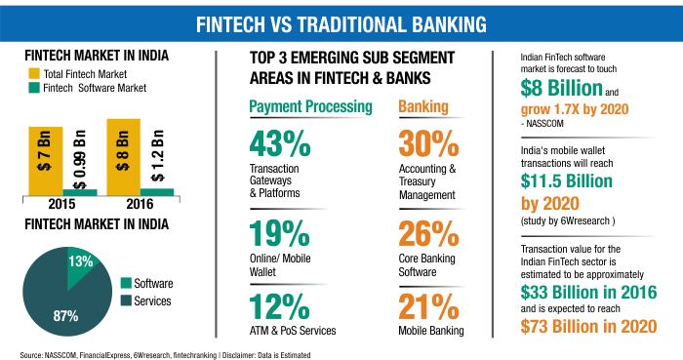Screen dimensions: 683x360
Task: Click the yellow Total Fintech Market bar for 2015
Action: (46, 161)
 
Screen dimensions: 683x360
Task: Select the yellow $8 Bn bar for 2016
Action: (124, 157)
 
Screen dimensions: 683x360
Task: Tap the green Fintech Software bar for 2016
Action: (157, 192)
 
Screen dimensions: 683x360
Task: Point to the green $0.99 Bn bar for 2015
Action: (80, 192)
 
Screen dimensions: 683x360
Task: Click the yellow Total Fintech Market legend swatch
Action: (34, 73)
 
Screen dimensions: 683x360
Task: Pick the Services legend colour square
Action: (126, 300)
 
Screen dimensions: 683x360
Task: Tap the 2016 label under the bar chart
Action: (140, 204)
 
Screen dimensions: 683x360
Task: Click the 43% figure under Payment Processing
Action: (280, 143)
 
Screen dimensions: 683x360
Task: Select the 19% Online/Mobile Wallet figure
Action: (279, 233)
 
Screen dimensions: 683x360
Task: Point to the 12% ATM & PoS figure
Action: (279, 307)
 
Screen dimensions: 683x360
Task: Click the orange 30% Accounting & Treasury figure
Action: (428, 143)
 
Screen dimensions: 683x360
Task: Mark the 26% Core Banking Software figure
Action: (428, 233)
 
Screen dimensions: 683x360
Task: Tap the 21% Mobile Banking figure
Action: (428, 307)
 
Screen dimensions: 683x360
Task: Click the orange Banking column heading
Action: (423, 106)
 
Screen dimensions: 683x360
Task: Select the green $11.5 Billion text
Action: (566, 181)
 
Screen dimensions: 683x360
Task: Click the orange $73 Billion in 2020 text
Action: (588, 327)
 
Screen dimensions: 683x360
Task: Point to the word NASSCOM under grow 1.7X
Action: (544, 124)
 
